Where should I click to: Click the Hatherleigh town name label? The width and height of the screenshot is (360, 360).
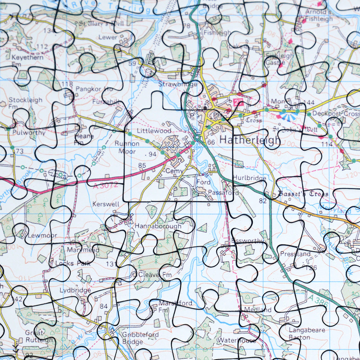click(x=249, y=140)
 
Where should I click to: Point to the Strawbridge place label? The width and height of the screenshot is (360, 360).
click(x=178, y=84)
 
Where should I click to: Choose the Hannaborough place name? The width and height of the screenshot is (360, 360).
click(x=158, y=226)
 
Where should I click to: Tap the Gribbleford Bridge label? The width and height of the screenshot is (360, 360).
click(x=140, y=338)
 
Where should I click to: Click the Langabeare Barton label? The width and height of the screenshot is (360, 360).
click(x=302, y=333)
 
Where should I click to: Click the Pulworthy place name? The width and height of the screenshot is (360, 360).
click(x=29, y=132)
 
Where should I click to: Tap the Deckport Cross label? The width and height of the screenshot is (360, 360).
click(x=336, y=113)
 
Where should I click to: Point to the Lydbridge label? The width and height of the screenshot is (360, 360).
click(x=75, y=290)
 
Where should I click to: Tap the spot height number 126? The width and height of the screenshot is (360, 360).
click(x=311, y=267)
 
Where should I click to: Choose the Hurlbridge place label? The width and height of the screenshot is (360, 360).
click(x=249, y=178)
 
